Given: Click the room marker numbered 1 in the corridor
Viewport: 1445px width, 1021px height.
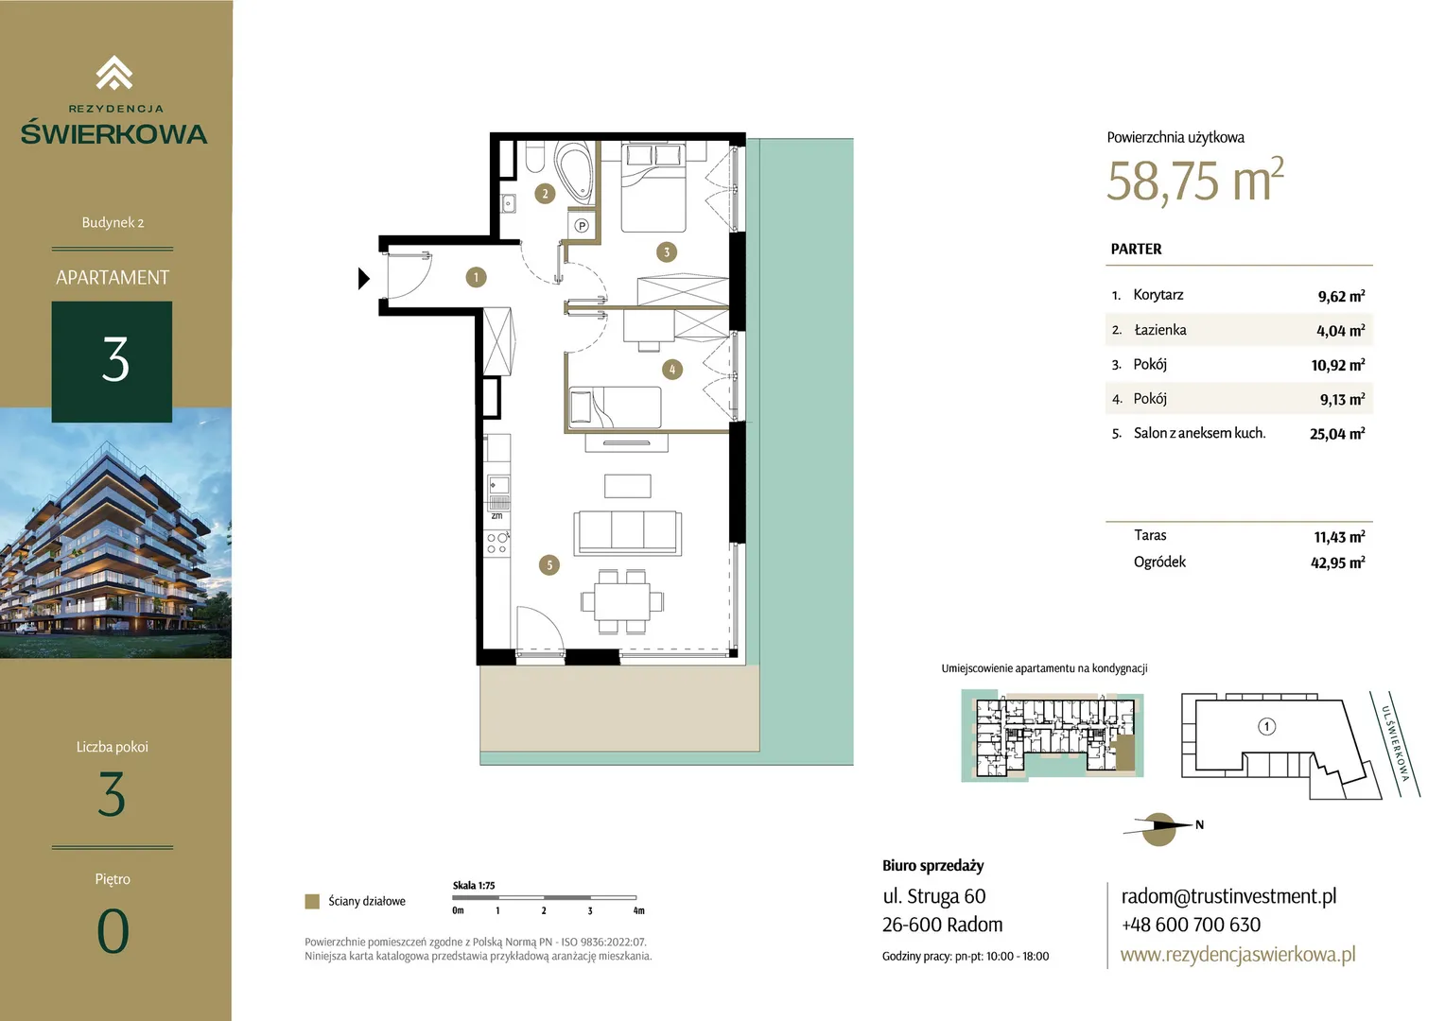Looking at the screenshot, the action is (x=476, y=277).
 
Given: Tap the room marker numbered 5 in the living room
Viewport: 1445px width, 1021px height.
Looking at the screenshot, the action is (x=549, y=565).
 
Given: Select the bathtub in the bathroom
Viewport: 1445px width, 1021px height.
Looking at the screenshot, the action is (x=574, y=172).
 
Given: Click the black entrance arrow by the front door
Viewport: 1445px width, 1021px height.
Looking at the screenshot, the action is (x=364, y=279).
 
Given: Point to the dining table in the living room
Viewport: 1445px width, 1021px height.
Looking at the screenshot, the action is (x=622, y=602).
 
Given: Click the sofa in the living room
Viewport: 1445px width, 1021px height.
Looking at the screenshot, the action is (x=628, y=533).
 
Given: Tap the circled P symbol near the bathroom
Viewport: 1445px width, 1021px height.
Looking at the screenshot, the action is (x=582, y=226).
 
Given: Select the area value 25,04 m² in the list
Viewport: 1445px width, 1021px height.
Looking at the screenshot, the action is (x=1337, y=433).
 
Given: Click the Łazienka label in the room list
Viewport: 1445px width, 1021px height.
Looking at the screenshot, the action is (x=1159, y=330).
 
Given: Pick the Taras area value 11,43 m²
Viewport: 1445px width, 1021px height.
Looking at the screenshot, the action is (x=1339, y=537).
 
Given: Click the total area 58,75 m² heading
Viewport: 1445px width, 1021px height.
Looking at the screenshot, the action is (x=1195, y=181).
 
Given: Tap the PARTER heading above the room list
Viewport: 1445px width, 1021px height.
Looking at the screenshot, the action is (x=1136, y=249).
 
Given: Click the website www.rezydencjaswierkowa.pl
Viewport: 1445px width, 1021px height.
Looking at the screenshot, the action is (x=1238, y=954).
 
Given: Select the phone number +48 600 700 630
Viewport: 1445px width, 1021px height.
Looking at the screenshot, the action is (x=1191, y=925).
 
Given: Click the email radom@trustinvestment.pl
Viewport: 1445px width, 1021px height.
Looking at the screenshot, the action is (x=1228, y=896).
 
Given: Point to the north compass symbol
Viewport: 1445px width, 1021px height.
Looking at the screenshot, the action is (x=1159, y=828).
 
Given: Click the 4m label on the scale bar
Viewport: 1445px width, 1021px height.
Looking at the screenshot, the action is (x=638, y=910).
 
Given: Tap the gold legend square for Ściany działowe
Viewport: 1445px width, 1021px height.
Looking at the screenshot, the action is (x=312, y=901).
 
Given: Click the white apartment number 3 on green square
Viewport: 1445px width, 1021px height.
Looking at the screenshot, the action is (x=115, y=360).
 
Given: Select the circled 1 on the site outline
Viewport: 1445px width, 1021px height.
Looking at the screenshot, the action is (x=1266, y=727).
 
